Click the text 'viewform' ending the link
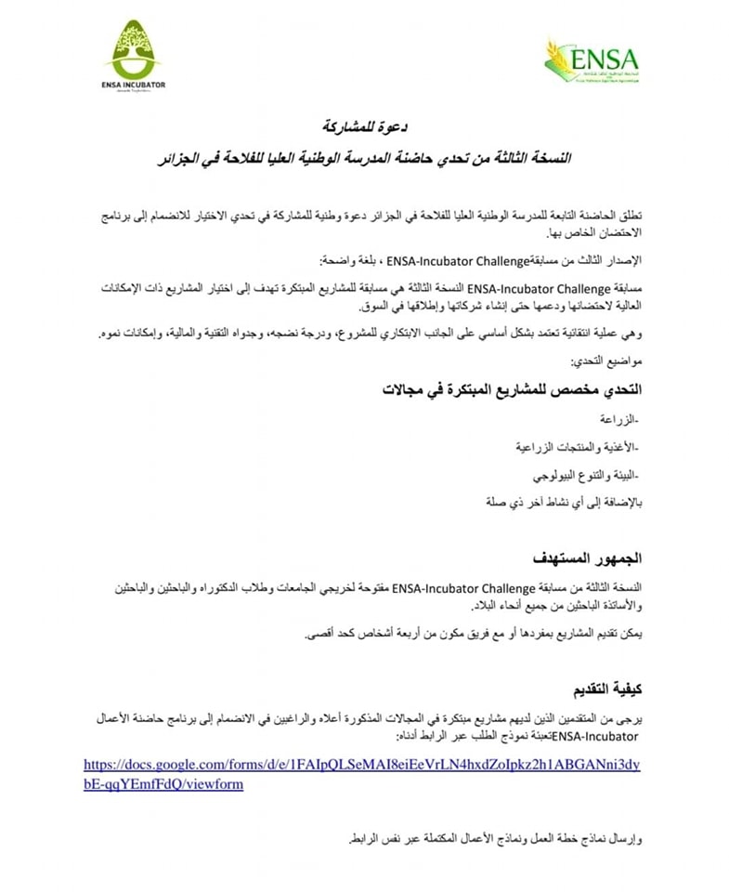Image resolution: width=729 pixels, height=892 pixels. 214,784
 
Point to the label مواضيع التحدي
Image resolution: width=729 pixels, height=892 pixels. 609,359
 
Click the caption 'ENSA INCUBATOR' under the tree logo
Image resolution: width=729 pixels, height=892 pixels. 134,84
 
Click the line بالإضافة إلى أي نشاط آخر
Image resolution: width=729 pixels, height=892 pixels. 564,502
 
